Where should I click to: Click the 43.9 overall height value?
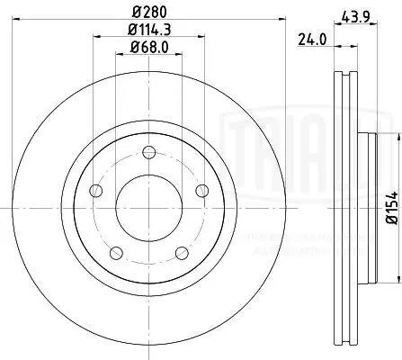tap(353, 14)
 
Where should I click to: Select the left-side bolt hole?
tap(94, 190)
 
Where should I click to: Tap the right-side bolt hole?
tap(201, 189)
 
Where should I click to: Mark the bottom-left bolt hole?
tap(113, 252)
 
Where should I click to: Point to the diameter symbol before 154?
tap(391, 222)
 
